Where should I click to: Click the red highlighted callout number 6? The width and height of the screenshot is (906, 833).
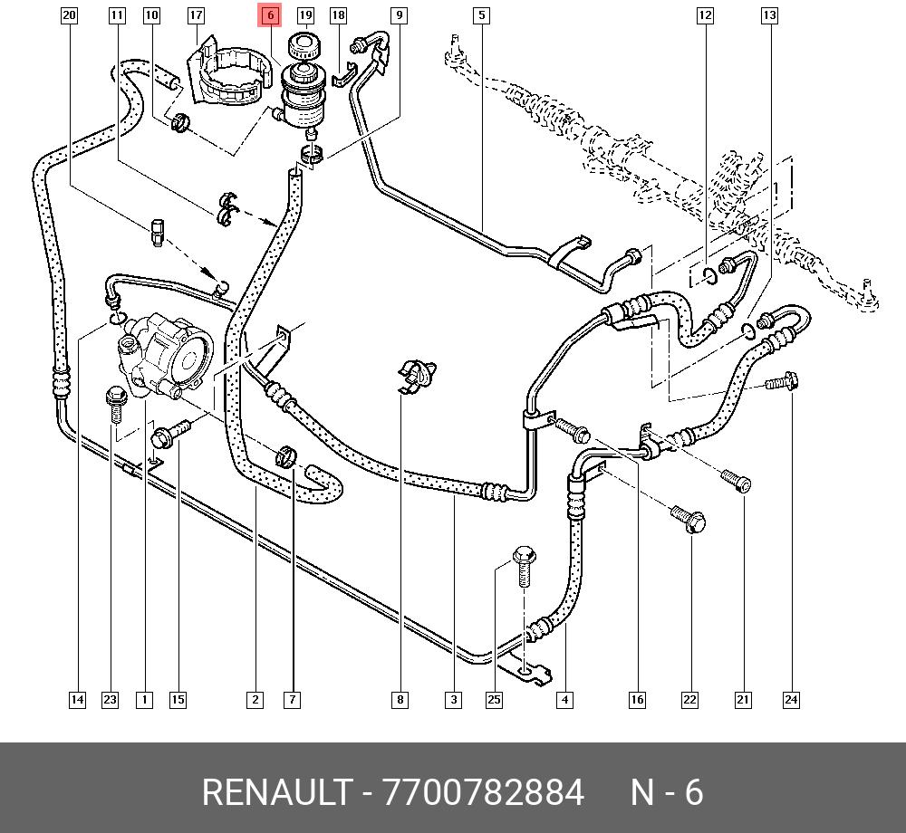pyautogui.click(x=270, y=14)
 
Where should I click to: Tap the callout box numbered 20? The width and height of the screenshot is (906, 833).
pyautogui.click(x=70, y=14)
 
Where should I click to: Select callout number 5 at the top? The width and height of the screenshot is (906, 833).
pyautogui.click(x=481, y=14)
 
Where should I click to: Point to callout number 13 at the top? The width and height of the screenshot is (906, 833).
pyautogui.click(x=769, y=14)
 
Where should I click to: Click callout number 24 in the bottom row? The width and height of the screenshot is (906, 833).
pyautogui.click(x=791, y=699)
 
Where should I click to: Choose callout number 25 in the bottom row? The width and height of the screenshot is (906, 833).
pyautogui.click(x=494, y=699)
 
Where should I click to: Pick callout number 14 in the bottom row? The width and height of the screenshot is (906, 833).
pyautogui.click(x=78, y=699)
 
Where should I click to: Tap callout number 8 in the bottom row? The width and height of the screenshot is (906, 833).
pyautogui.click(x=400, y=699)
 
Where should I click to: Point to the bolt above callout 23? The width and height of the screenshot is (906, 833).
pyautogui.click(x=115, y=402)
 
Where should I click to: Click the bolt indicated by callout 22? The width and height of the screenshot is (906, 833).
pyautogui.click(x=689, y=519)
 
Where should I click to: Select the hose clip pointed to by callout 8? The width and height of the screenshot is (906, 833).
pyautogui.click(x=418, y=375)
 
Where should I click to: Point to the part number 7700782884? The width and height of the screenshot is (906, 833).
pyautogui.click(x=484, y=792)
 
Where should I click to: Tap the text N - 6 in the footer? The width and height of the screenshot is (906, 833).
pyautogui.click(x=667, y=792)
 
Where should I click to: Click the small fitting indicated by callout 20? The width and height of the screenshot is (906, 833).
pyautogui.click(x=156, y=232)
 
